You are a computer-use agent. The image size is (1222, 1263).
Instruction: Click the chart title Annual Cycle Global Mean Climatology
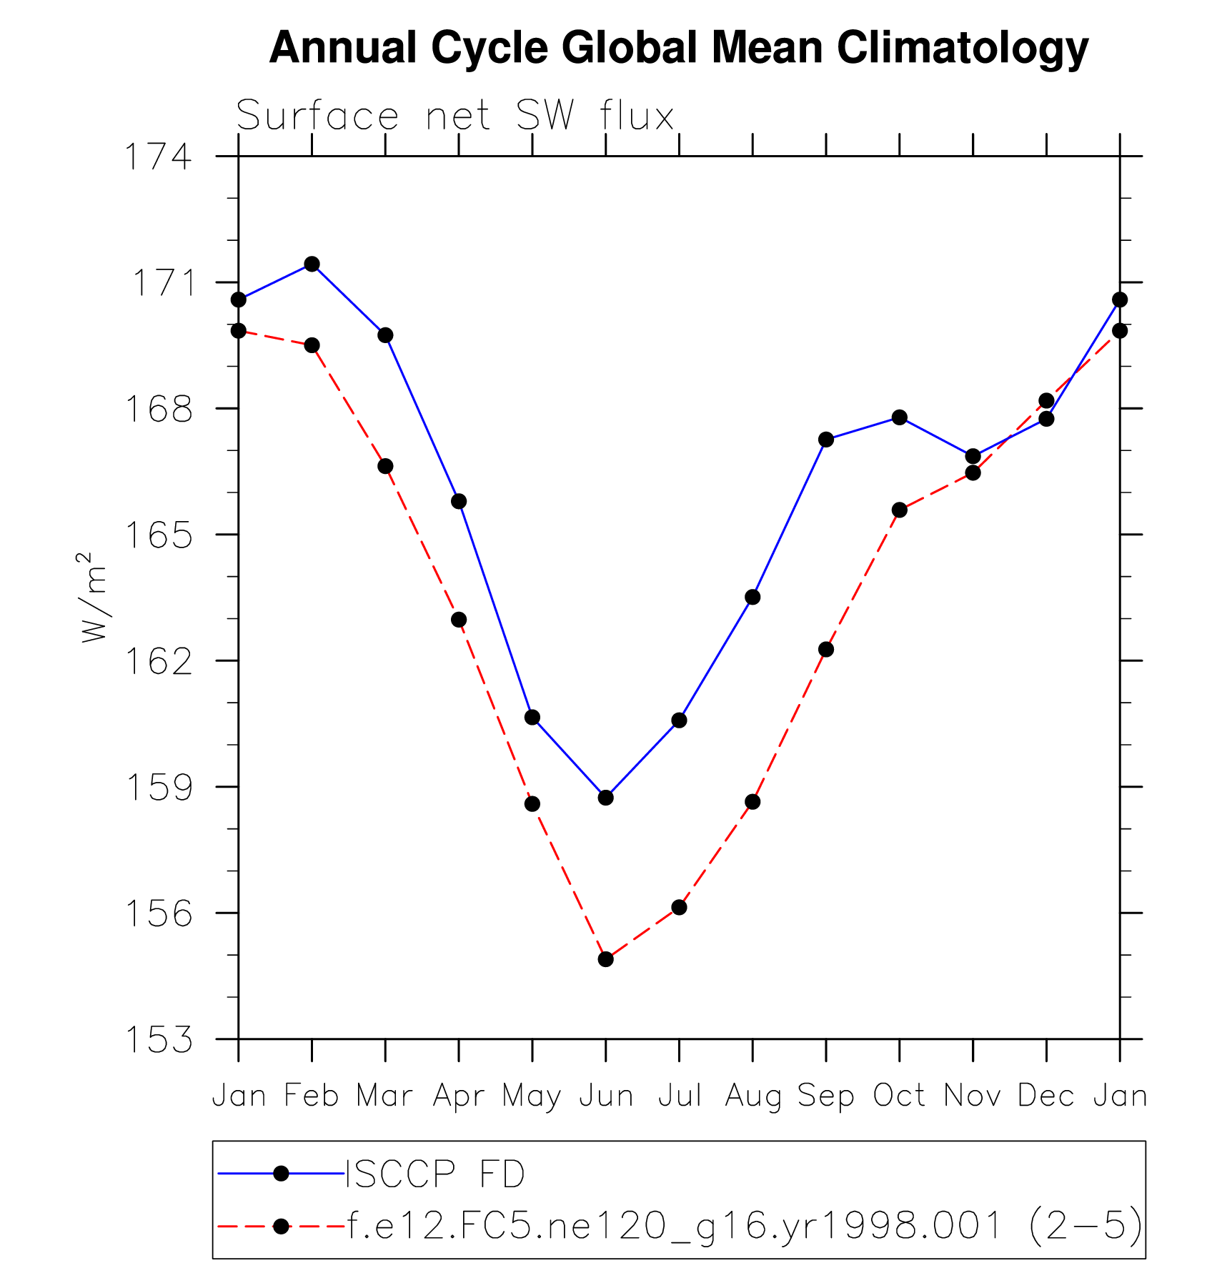[x=678, y=48]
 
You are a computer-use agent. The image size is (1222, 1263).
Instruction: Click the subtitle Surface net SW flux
[x=454, y=116]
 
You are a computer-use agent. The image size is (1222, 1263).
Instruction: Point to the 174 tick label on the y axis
[x=159, y=157]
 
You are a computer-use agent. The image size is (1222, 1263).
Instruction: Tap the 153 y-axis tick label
[x=159, y=1039]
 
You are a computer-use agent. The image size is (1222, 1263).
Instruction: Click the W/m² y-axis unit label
[x=94, y=597]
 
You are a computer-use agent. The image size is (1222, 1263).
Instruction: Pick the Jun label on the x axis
[x=606, y=1096]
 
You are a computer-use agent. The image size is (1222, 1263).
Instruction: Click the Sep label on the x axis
[x=825, y=1096]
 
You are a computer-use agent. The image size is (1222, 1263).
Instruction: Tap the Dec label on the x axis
[x=1045, y=1096]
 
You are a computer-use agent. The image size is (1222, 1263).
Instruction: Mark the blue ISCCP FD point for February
[x=312, y=264]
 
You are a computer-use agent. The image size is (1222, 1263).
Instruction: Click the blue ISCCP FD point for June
[x=606, y=797]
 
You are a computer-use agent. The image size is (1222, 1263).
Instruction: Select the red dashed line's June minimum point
[x=606, y=959]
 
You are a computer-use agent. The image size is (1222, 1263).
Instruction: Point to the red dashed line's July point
[x=679, y=907]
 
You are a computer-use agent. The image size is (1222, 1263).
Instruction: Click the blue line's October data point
[x=899, y=417]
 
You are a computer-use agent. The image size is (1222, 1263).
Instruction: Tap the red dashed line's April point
[x=459, y=620]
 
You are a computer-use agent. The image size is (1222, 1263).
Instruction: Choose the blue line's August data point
[x=752, y=597]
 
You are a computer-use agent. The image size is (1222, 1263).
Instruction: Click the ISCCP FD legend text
[x=435, y=1174]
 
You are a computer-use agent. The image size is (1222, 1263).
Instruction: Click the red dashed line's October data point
[x=899, y=510]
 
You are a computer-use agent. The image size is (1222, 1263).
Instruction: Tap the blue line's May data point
[x=532, y=717]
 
